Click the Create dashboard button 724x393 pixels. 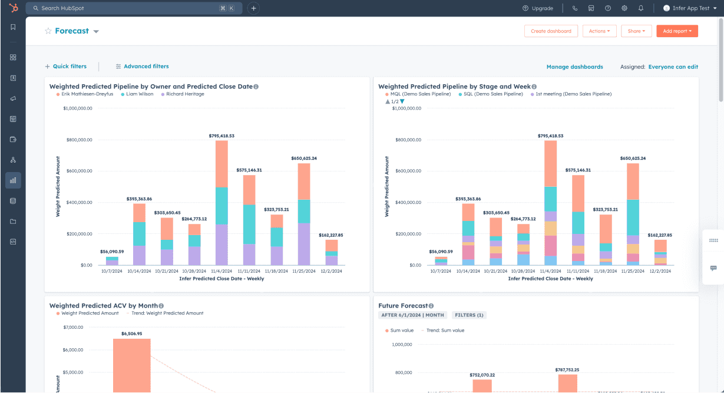(551, 31)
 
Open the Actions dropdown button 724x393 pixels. (600, 31)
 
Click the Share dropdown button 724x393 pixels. (636, 31)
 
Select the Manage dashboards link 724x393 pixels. (574, 67)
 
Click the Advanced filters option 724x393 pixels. (142, 67)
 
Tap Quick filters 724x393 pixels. (65, 67)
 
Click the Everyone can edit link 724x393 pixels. (673, 67)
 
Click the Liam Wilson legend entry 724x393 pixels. (139, 94)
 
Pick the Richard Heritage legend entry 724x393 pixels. (184, 94)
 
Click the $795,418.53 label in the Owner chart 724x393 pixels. (222, 136)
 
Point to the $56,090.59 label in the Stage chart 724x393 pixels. (441, 252)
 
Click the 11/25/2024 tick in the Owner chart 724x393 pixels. (304, 272)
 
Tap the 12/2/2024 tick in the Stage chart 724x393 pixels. (661, 272)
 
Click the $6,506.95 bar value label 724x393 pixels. (132, 334)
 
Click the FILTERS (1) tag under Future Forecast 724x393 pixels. (469, 315)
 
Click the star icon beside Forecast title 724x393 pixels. (48, 31)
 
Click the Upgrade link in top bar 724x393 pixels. (537, 8)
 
